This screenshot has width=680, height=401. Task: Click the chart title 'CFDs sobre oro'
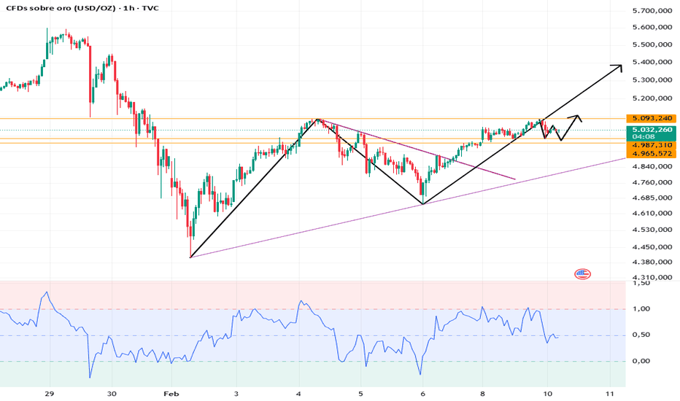pos(35,9)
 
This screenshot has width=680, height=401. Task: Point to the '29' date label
pos(50,392)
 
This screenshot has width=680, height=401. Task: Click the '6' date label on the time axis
pos(423,392)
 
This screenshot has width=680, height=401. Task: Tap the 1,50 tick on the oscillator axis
pos(641,284)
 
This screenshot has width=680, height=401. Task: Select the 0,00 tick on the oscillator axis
pos(641,361)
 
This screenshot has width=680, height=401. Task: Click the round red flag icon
pos(582,274)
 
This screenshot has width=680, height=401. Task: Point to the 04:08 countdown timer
pos(642,136)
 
